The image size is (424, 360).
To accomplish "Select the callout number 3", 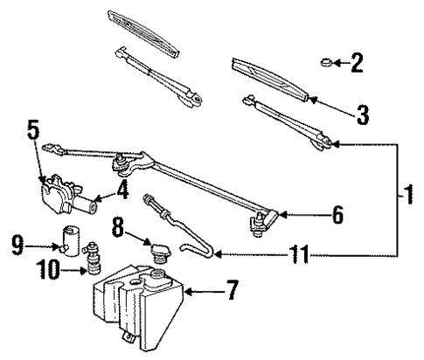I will click(362, 114).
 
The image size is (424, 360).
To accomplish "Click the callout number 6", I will click(337, 213).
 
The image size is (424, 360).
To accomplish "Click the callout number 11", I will click(301, 257).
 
